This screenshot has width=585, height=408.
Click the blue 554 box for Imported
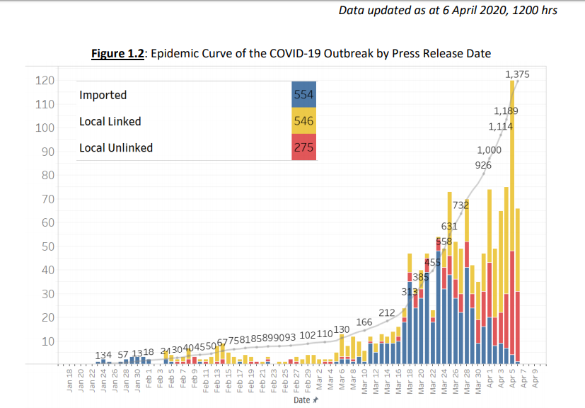[x=304, y=95]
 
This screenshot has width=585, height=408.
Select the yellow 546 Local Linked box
[x=304, y=121]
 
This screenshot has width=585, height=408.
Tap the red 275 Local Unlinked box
[x=304, y=147]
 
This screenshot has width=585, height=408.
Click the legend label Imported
[x=103, y=95]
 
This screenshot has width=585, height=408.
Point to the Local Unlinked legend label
[x=116, y=148]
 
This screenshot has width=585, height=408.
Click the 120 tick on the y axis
[x=45, y=80]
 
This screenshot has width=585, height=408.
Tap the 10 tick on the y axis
[x=48, y=341]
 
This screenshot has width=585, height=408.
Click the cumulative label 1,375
[x=517, y=74]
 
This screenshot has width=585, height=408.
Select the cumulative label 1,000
[x=489, y=150]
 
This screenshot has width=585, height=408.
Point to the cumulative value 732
[x=461, y=205]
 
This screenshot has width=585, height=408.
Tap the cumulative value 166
[x=364, y=322]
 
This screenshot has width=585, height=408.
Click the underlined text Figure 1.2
[x=118, y=54]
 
